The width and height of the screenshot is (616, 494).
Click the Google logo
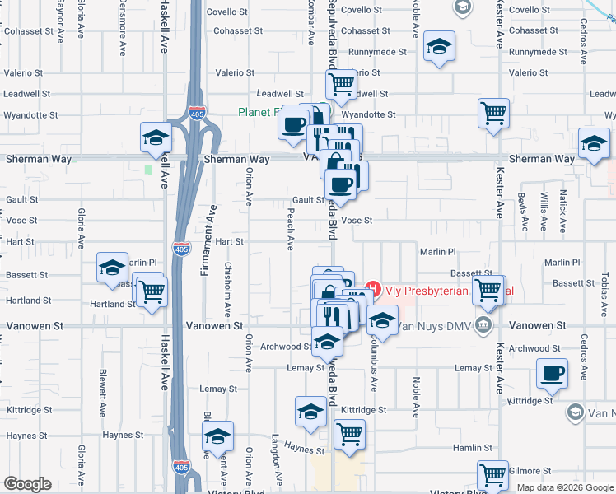27,484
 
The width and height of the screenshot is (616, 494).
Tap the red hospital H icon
373,289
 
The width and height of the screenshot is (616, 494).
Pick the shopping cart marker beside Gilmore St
492,474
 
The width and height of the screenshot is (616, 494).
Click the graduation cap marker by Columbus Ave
382,319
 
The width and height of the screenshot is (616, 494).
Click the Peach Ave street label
290,228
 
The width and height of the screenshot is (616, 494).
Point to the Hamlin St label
472,448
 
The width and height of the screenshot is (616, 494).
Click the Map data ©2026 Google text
564,487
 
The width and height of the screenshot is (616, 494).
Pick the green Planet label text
259,113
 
